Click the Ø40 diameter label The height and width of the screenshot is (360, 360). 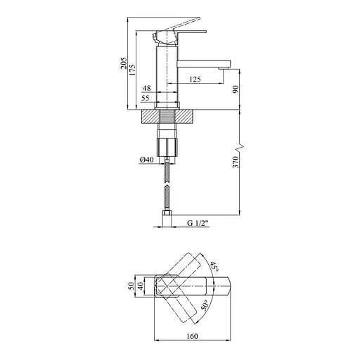(146, 160)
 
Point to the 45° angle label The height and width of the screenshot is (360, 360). (213, 266)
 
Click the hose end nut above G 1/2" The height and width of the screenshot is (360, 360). (168, 213)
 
